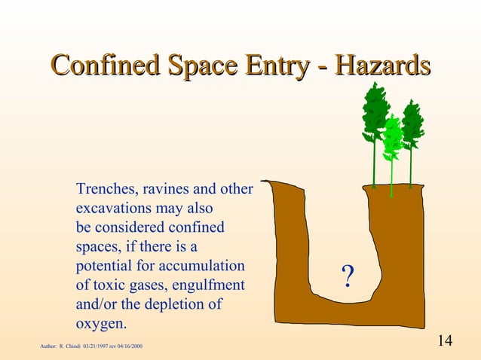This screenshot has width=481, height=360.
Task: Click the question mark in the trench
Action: [348, 276]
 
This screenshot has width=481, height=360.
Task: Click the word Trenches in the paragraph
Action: [104, 188]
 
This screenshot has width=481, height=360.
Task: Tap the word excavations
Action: [113, 208]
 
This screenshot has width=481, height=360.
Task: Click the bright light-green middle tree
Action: [392, 139]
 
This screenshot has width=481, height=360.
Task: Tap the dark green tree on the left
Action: [374, 113]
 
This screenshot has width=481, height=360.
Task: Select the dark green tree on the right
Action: [412, 124]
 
